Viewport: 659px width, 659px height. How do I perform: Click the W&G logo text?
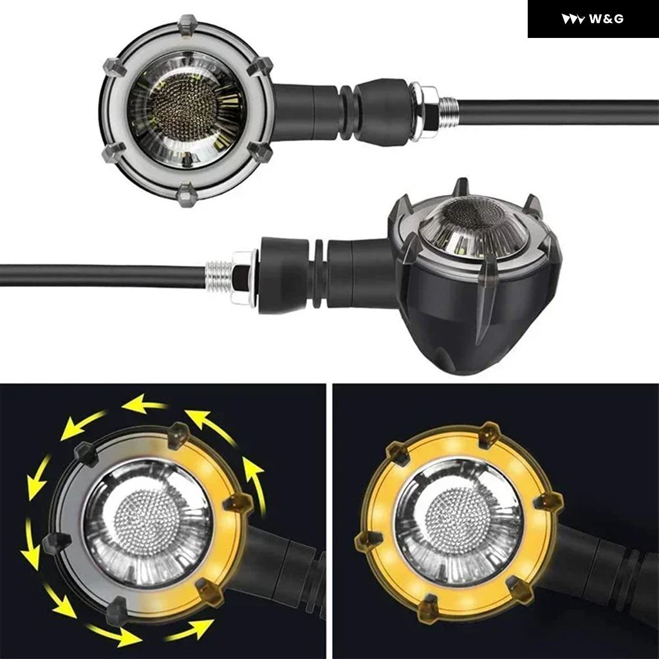(x=606, y=19)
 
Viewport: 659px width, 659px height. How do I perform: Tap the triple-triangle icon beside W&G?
(x=573, y=19)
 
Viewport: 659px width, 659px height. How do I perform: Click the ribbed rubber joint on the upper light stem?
(x=346, y=113)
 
